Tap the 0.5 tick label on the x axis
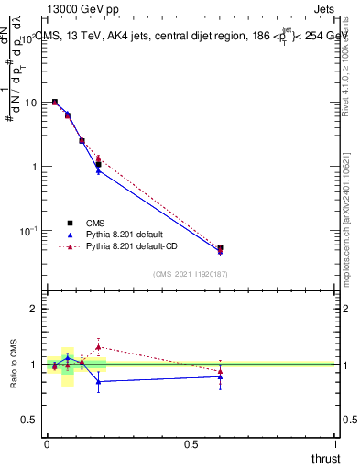191,444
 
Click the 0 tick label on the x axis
47,444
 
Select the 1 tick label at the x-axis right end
336,444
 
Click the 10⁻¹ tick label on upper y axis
27,231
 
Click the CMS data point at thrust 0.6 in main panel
220,247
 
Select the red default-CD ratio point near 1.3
98,346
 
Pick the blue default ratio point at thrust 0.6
220,376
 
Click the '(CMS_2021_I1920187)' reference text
191,274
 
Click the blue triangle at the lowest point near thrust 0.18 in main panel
98,170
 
